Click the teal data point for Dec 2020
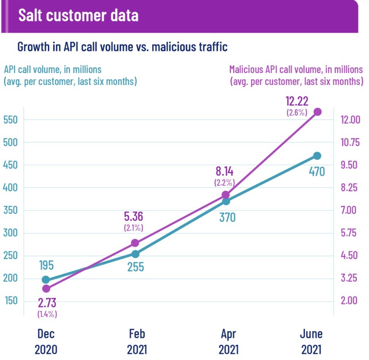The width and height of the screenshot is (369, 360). [46, 280]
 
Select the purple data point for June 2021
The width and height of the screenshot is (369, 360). [317, 112]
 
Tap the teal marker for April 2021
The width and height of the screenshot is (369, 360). [226, 201]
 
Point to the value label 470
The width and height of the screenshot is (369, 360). [317, 172]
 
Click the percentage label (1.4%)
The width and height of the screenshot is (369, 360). [47, 314]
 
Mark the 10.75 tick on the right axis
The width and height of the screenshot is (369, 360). [349, 142]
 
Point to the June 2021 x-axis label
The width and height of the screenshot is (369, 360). [311, 341]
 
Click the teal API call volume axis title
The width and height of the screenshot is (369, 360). [70, 75]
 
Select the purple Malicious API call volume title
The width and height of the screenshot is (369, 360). [296, 75]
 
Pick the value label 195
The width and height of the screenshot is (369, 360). [46, 266]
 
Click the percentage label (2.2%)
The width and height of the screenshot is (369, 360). [224, 182]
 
